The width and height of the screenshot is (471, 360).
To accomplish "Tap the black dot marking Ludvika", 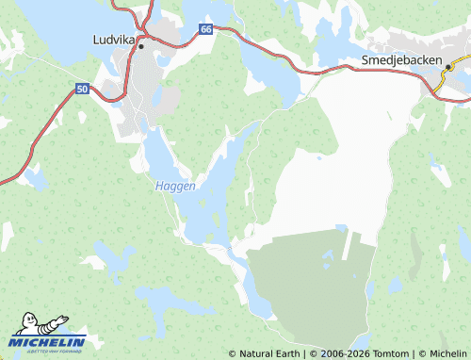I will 141,45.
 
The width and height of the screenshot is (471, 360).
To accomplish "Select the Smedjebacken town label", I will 402,59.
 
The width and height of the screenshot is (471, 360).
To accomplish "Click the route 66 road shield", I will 206,30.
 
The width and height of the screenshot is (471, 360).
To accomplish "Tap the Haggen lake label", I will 175,187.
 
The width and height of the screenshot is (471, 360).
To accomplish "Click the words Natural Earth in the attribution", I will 269,353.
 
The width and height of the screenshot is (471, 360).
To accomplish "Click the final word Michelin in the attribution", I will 447,353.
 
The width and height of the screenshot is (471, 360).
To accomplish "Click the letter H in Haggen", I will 158,187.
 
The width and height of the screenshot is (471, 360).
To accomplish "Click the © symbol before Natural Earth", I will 232,353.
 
